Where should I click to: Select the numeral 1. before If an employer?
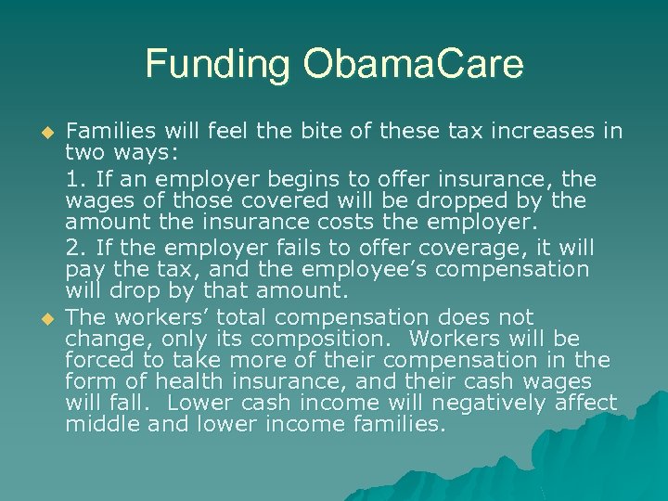click(74, 178)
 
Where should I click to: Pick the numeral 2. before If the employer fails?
click(75, 248)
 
